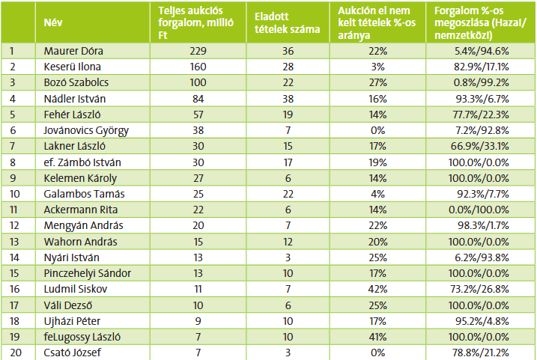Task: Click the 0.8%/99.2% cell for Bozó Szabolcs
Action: click(482, 83)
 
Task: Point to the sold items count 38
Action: click(285, 99)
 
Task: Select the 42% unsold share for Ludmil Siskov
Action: click(377, 287)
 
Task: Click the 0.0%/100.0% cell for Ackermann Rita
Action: click(482, 209)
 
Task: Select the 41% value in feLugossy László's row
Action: click(377, 334)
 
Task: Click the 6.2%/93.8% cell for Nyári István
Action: click(482, 256)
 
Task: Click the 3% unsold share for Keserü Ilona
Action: click(377, 67)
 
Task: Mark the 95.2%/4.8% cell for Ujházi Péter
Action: click(482, 318)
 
